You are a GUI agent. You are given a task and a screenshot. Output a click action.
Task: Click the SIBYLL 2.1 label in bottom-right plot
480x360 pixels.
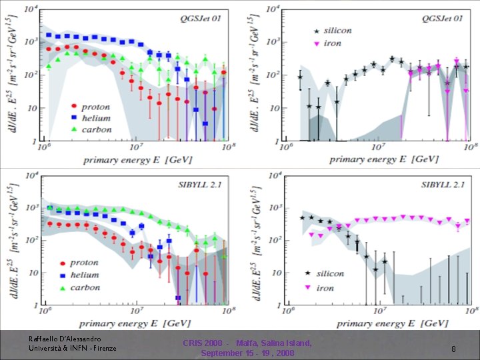pos(439,184)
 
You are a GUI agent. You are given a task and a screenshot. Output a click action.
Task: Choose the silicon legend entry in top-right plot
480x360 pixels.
pos(337,31)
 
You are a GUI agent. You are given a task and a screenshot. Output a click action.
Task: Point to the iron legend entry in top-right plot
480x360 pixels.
pos(332,43)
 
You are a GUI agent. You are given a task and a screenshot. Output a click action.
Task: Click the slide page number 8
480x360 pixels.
pos(453,349)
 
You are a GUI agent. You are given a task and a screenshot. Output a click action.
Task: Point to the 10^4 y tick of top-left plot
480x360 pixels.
pos(31,9)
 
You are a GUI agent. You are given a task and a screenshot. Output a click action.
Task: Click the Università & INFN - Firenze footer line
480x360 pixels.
pos(73,348)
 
